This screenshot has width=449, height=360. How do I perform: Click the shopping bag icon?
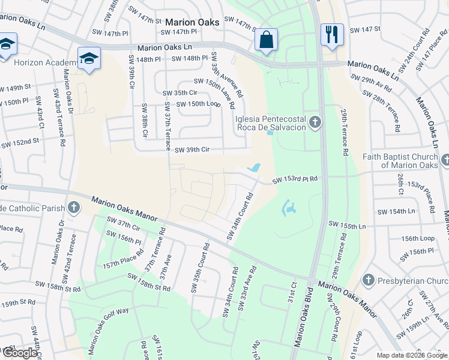point(265,40)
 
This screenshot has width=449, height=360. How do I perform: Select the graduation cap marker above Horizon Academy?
point(89,59)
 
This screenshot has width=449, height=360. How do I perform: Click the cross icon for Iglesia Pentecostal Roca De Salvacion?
point(316,124)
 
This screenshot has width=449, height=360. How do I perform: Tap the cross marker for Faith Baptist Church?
point(445,160)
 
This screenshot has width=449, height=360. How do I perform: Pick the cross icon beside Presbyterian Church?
point(368,280)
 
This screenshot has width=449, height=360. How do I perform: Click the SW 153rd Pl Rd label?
point(295,180)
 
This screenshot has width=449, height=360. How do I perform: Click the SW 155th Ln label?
point(348,224)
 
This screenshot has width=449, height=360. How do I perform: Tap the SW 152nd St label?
point(20,143)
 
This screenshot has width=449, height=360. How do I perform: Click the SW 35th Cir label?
point(180,93)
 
